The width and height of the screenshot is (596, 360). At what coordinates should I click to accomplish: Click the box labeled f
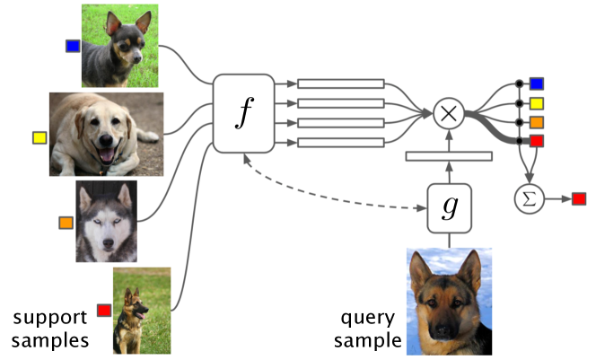[241, 113]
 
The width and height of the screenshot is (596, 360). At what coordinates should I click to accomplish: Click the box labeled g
[449, 208]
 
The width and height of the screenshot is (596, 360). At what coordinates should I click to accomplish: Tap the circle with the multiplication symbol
[447, 113]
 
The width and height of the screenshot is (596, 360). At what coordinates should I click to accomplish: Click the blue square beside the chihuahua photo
[73, 45]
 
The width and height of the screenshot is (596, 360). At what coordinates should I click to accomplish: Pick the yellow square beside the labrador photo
[39, 138]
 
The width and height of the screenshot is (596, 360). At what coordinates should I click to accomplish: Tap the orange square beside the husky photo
[66, 222]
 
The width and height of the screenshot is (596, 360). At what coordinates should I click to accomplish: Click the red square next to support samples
[103, 310]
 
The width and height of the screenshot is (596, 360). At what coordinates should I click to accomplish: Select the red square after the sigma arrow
[579, 198]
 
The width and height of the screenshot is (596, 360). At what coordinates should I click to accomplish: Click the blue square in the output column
[537, 83]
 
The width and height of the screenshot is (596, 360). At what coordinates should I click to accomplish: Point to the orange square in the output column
[537, 122]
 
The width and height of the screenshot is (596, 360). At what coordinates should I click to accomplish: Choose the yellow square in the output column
[537, 102]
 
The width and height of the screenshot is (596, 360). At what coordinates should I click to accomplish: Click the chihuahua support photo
[119, 45]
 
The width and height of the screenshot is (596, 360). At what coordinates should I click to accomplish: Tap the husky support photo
[106, 221]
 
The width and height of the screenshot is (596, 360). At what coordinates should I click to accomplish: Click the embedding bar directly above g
[449, 157]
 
